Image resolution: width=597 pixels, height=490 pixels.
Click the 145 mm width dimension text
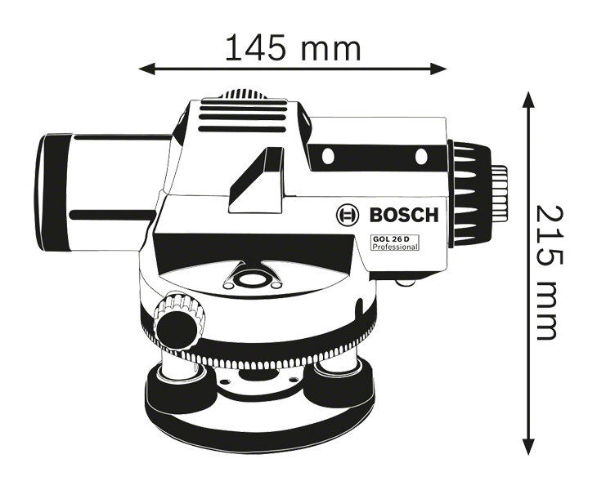[293, 47]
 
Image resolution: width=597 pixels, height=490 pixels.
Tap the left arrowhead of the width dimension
[147, 69]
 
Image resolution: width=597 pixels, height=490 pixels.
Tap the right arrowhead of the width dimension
[438, 69]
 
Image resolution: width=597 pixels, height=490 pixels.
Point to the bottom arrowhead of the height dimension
[527, 447]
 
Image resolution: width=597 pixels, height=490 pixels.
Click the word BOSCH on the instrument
[404, 215]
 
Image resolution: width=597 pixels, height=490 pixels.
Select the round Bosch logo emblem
[348, 215]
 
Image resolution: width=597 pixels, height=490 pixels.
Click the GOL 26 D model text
[391, 239]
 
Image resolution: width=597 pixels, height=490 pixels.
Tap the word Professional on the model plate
[395, 247]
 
